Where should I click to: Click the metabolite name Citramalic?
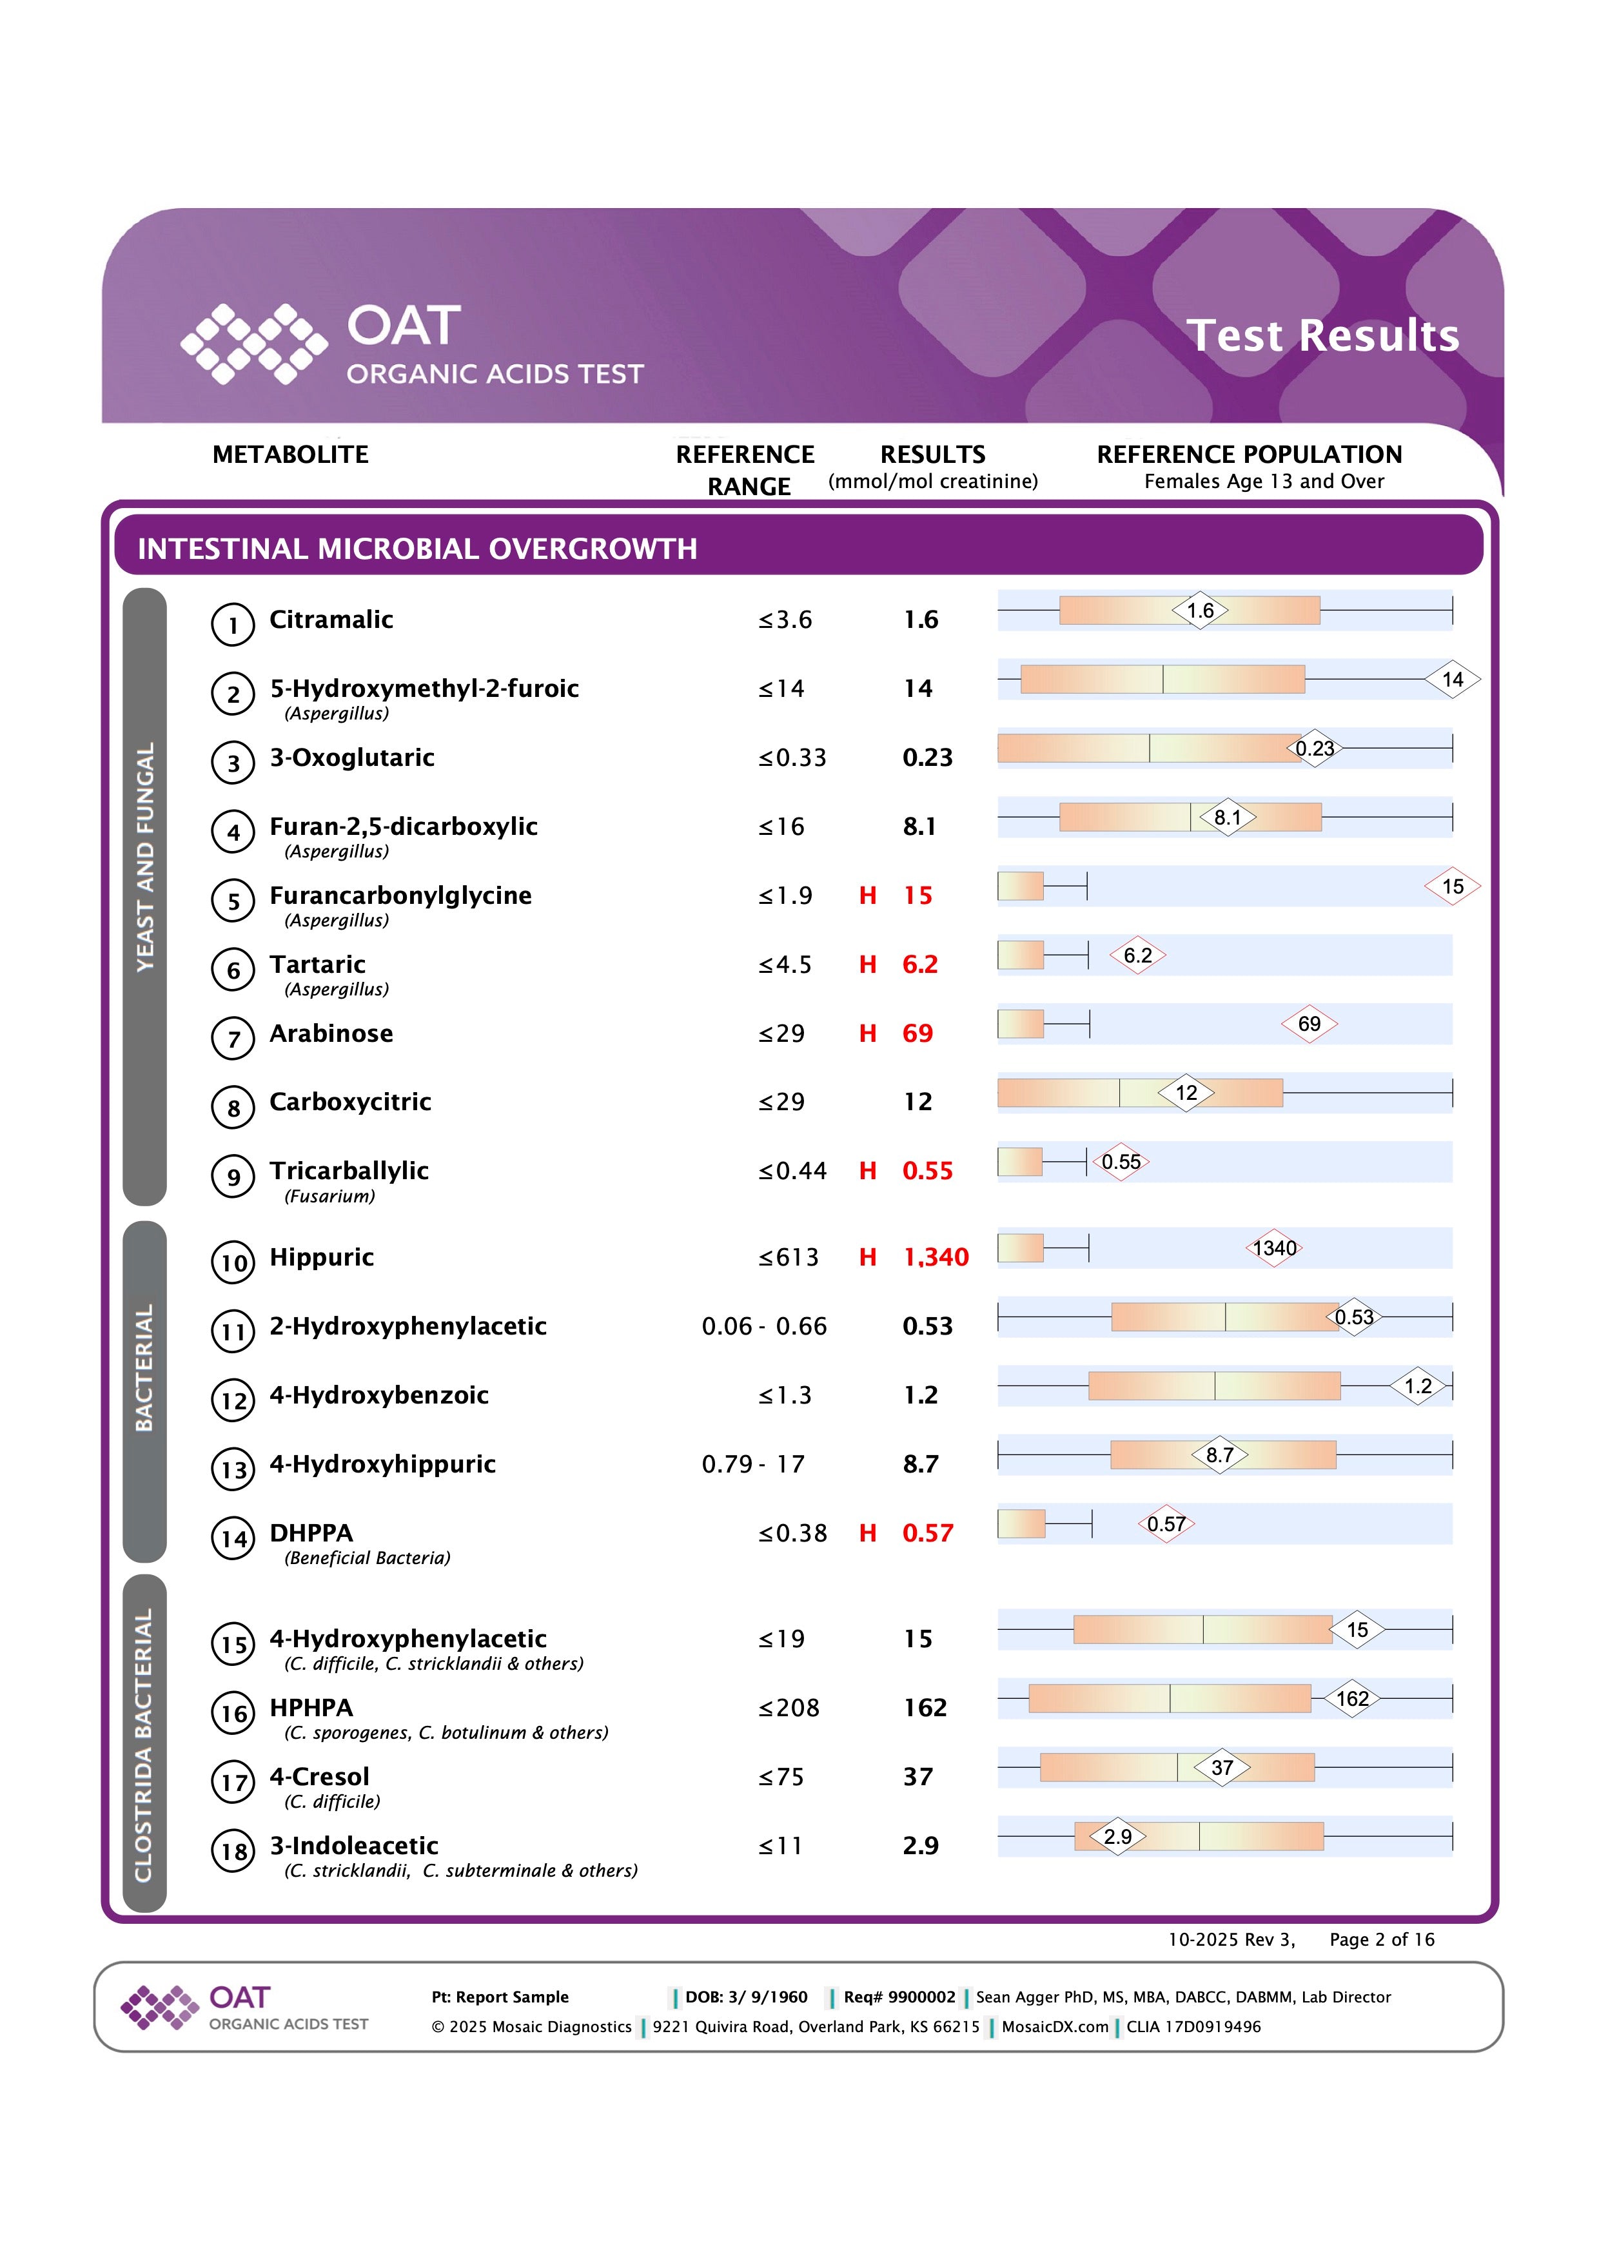point(331,620)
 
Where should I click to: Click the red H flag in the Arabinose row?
point(867,1033)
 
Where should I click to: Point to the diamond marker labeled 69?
point(1309,1024)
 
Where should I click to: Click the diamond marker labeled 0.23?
point(1315,749)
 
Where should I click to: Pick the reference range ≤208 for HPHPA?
point(789,1708)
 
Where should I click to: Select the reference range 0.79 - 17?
point(753,1464)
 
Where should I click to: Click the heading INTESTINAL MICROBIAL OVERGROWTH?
point(417,549)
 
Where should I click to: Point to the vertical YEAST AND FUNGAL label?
point(144,857)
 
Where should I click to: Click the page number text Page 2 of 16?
point(1382,1939)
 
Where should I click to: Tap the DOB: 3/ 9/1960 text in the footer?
point(747,1997)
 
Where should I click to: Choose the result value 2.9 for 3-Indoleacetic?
point(921,1845)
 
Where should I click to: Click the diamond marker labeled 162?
point(1352,1699)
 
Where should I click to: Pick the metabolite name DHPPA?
point(311,1532)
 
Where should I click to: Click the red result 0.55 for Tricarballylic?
point(928,1171)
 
